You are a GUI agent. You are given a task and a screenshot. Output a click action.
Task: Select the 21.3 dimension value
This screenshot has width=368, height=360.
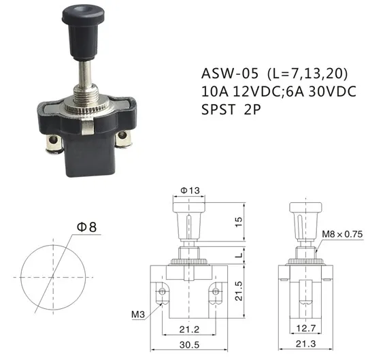306,346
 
